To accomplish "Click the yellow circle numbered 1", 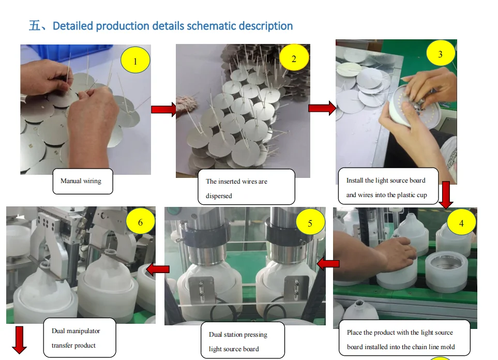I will (135, 62).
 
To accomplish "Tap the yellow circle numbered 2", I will (294, 58).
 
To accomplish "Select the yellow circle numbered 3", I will (440, 54).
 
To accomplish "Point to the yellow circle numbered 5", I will (310, 223).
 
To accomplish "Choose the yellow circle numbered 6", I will (140, 222).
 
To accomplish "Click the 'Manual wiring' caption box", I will (82, 181).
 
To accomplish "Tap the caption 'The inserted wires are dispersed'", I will (246, 188).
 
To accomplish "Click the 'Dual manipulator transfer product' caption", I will (79, 338).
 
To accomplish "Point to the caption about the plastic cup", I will (388, 187).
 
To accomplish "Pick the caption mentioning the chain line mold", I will (404, 339).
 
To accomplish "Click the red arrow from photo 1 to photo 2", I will (163, 109).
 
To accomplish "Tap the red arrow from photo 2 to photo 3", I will (322, 108).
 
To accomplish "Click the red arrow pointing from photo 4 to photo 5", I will (328, 264).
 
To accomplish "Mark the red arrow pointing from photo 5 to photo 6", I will (158, 269).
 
